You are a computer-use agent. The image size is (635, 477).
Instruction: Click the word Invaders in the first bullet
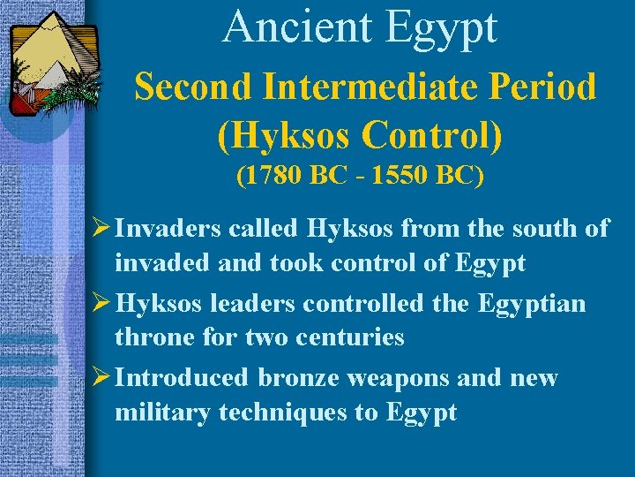tap(168, 229)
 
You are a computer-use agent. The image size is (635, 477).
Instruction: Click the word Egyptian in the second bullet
tap(532, 305)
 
